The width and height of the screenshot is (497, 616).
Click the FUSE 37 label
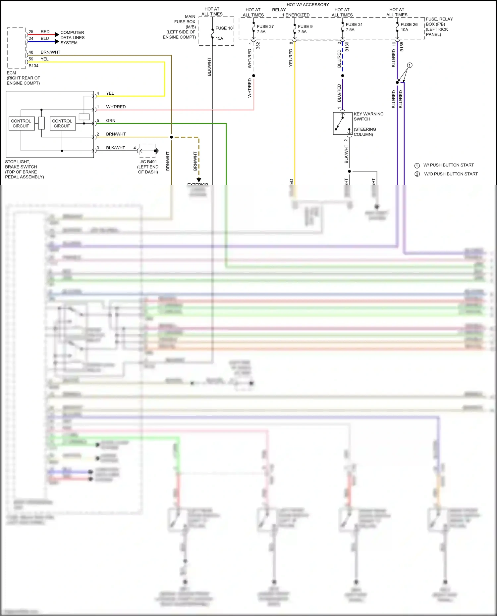(265, 26)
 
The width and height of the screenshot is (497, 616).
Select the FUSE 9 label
(305, 26)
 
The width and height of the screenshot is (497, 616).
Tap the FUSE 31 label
(354, 24)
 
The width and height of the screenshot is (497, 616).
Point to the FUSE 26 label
(409, 24)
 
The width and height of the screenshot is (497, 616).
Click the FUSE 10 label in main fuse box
(224, 28)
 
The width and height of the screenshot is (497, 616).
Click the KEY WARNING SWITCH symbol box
(342, 123)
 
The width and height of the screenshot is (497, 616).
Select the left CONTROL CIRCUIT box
(21, 123)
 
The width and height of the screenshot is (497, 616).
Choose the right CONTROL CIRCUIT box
(62, 123)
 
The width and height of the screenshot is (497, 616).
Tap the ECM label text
(11, 73)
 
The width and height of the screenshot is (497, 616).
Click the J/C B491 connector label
(148, 162)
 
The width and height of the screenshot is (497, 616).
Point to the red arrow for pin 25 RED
(57, 34)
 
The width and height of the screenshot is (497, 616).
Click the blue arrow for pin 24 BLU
(57, 41)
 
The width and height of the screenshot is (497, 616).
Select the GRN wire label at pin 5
(110, 120)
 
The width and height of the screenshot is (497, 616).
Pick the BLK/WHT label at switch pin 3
(115, 148)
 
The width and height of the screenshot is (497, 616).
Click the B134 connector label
(33, 66)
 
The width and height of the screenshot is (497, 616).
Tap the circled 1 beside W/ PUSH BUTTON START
(417, 166)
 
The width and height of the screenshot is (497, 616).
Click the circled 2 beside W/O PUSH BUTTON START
(417, 174)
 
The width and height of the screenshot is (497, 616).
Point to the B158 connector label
(402, 47)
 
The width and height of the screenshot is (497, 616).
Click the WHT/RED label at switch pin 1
(116, 107)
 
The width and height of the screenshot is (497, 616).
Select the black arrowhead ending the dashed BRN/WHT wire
(199, 180)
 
